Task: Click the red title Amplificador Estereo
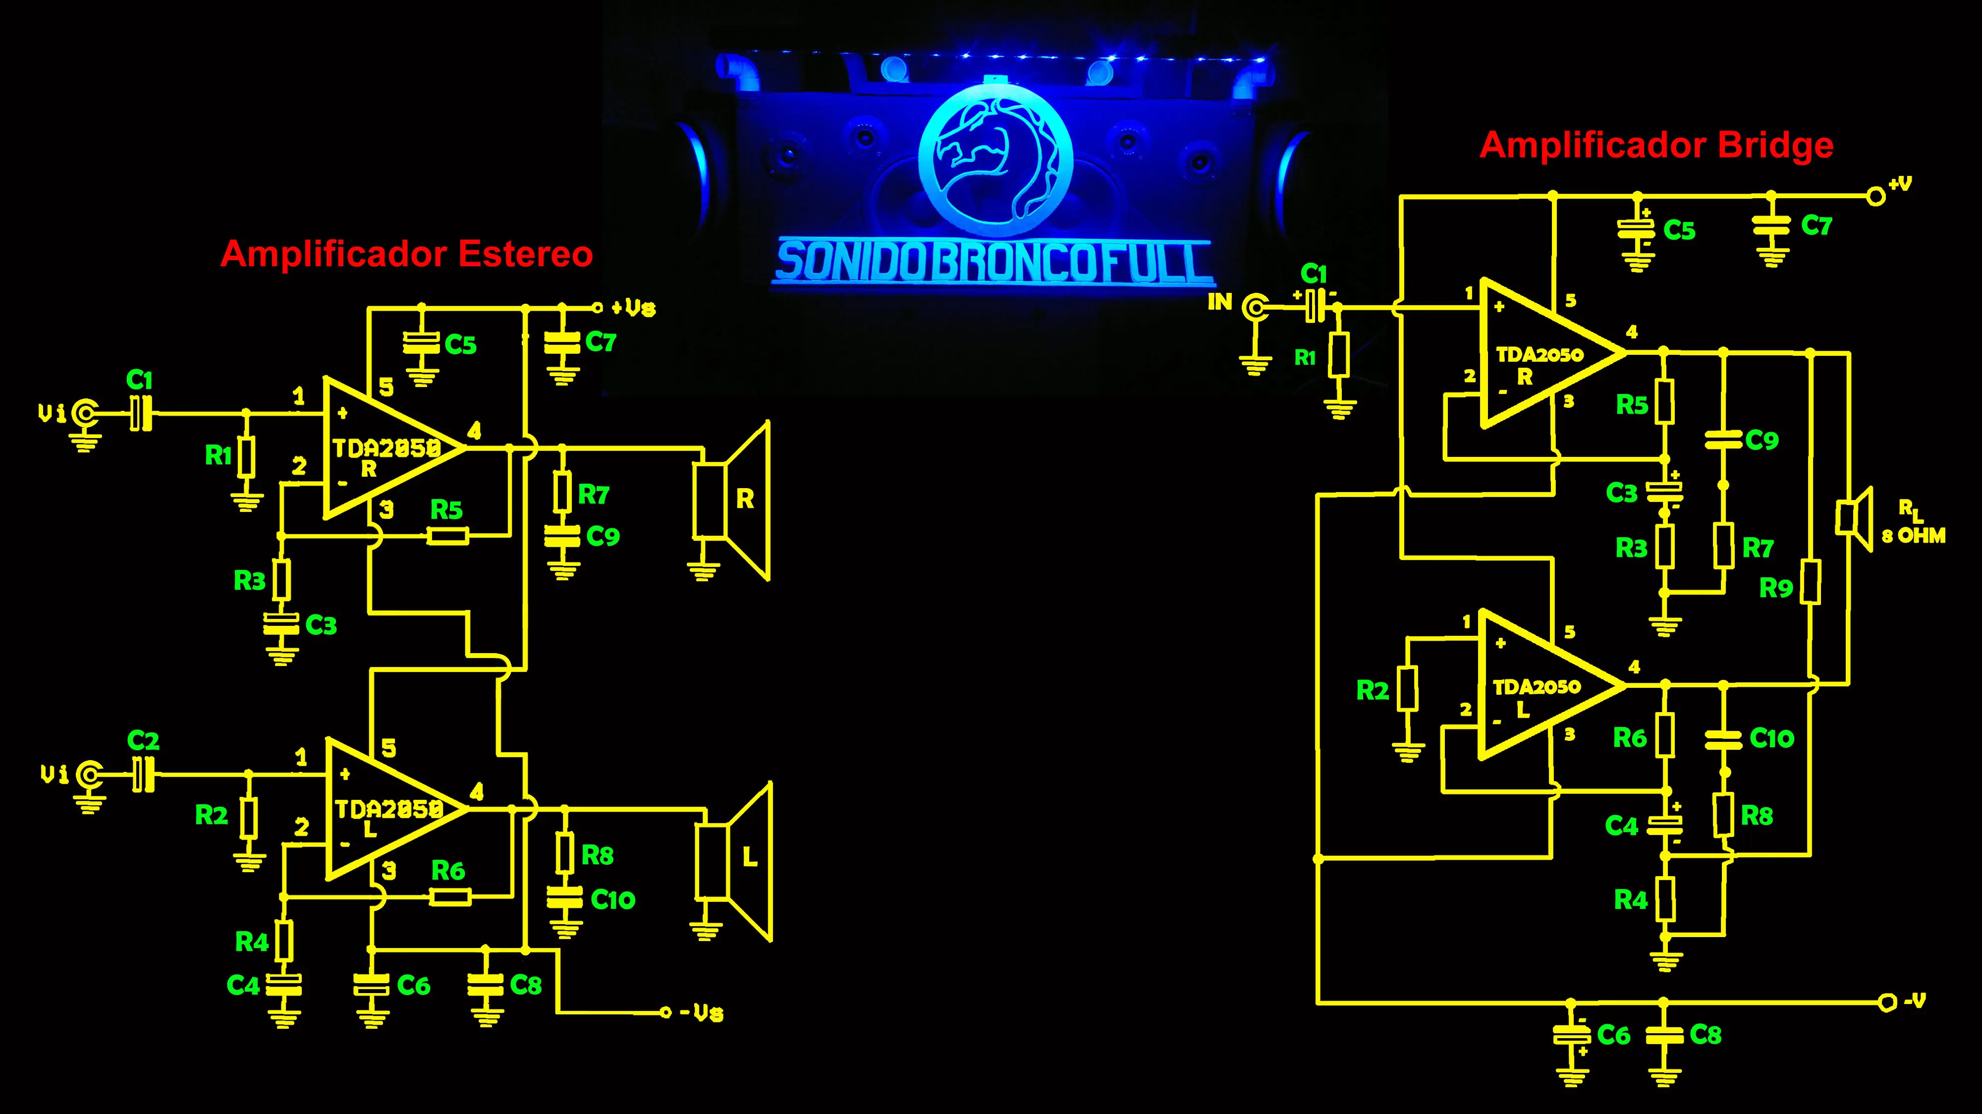click(x=406, y=254)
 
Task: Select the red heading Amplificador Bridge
click(x=1656, y=145)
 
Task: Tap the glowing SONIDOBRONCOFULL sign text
click(x=992, y=262)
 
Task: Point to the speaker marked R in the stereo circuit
click(x=731, y=500)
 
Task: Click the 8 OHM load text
click(x=1914, y=536)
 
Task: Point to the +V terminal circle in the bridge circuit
click(x=1876, y=197)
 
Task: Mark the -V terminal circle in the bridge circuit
click(x=1886, y=1003)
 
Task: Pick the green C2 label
click(x=143, y=741)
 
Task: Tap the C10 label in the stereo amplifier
click(x=612, y=899)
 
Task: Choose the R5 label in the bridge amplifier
click(x=1631, y=405)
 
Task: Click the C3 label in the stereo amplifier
click(x=321, y=625)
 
